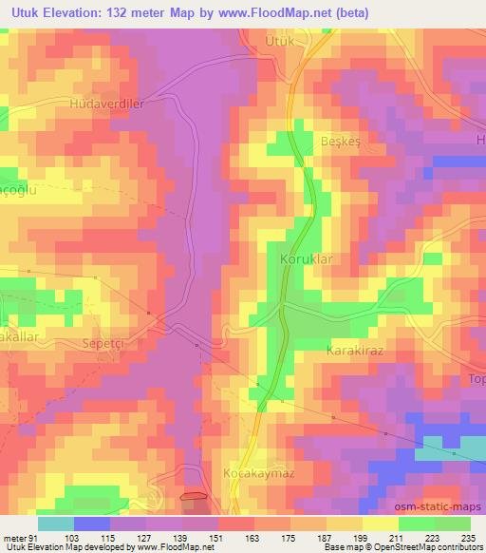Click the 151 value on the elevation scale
coord(219,538)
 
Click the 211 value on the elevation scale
coord(399,538)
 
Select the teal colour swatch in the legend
coord(56,524)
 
